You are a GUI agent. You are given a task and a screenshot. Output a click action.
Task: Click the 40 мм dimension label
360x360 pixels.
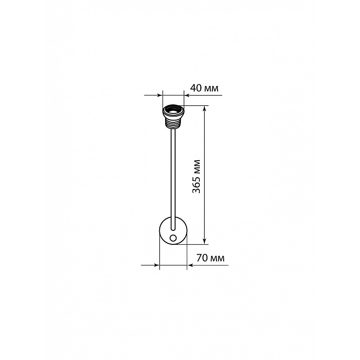(x=204, y=88)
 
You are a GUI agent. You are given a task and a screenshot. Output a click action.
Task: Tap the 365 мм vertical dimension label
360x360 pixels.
(x=196, y=176)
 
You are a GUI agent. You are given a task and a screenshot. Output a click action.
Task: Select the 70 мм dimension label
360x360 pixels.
(x=211, y=258)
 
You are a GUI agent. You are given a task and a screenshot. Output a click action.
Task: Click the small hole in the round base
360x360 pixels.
(x=173, y=238)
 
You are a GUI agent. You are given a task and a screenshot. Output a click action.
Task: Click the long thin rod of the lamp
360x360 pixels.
(x=173, y=180)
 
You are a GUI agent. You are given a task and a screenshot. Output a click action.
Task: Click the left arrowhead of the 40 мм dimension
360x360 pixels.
(x=160, y=95)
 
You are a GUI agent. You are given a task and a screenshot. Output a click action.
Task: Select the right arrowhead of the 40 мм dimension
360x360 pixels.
(x=187, y=95)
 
